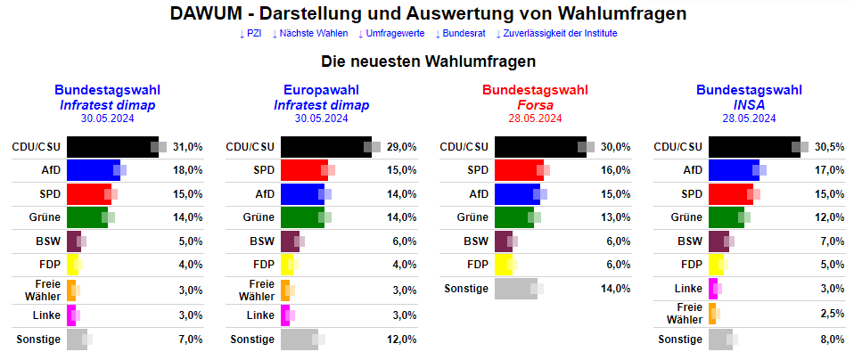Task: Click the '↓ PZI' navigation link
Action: [250, 34]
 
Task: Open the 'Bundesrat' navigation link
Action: [462, 34]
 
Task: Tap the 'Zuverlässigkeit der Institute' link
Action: [556, 34]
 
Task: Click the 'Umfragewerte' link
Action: [390, 34]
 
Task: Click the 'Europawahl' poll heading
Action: [321, 90]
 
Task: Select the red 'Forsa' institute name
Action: [535, 104]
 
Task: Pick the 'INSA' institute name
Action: [749, 104]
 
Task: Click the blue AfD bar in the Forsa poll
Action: [516, 193]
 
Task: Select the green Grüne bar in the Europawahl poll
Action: [302, 217]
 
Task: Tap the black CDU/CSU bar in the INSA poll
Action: [754, 147]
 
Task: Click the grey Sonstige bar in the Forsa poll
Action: [515, 288]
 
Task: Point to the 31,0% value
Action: [188, 147]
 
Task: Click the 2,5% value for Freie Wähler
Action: [830, 312]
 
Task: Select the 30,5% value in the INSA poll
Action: [830, 147]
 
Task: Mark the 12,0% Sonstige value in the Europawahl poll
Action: [402, 340]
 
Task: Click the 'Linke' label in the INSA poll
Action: [687, 288]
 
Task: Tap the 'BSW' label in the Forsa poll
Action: [475, 241]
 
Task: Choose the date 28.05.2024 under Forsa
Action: [535, 119]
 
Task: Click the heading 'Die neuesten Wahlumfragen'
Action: [428, 62]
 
